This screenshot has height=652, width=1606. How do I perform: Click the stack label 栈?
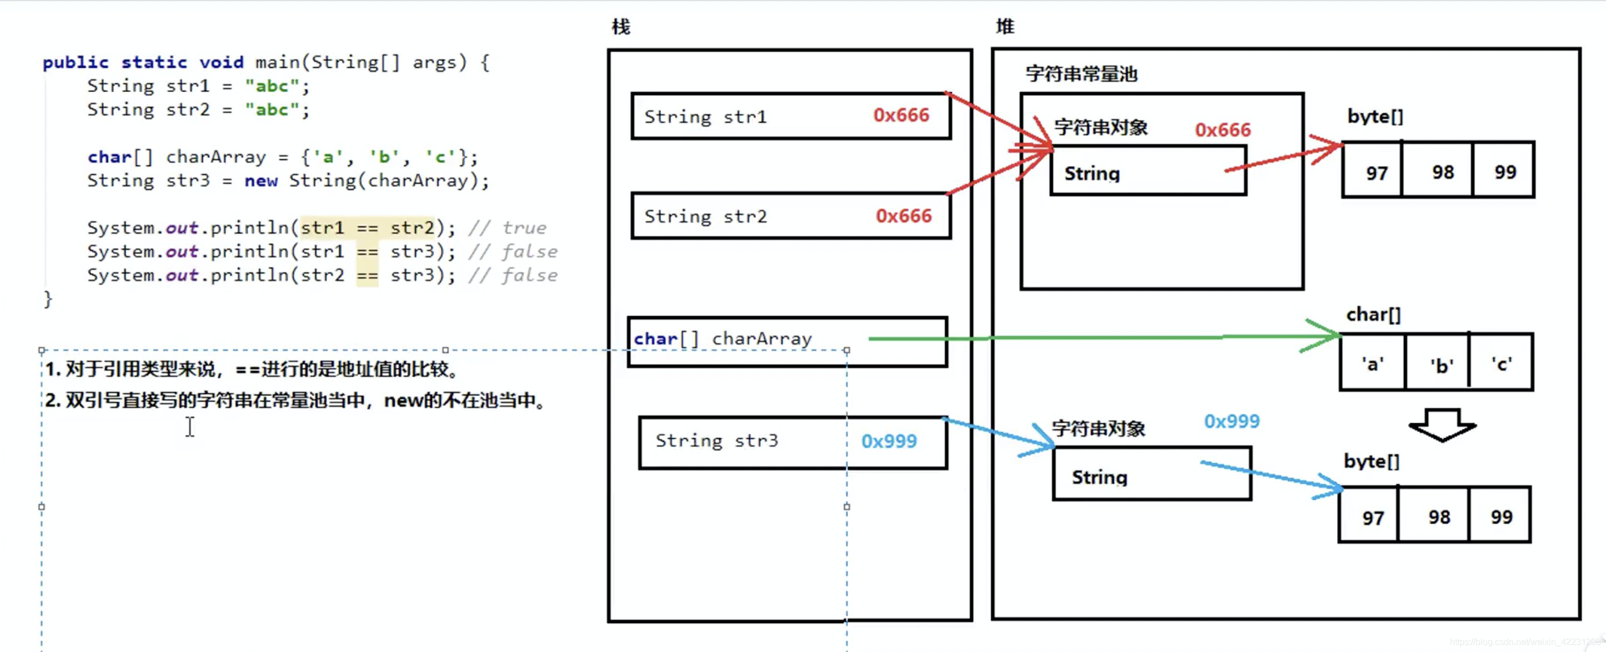pyautogui.click(x=620, y=27)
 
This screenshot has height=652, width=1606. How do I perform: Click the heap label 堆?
pyautogui.click(x=1005, y=27)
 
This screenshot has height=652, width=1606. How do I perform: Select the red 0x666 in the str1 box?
pyautogui.click(x=901, y=116)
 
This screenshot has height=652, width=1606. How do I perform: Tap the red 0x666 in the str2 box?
pyautogui.click(x=904, y=215)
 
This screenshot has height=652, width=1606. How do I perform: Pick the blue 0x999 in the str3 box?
pyautogui.click(x=889, y=442)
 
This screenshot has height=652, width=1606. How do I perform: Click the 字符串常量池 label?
pyautogui.click(x=1081, y=74)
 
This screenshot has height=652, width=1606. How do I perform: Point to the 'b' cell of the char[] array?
pyautogui.click(x=1441, y=365)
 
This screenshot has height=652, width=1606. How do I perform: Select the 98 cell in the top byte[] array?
pyautogui.click(x=1442, y=172)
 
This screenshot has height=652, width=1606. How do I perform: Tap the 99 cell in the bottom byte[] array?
pyautogui.click(x=1501, y=516)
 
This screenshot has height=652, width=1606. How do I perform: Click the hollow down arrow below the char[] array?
pyautogui.click(x=1442, y=425)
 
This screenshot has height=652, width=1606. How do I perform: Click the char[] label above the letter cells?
pyautogui.click(x=1373, y=315)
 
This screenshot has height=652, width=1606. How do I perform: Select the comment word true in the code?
pyautogui.click(x=524, y=228)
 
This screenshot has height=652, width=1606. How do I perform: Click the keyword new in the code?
pyautogui.click(x=260, y=180)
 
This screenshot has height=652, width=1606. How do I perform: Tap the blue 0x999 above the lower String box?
pyautogui.click(x=1231, y=422)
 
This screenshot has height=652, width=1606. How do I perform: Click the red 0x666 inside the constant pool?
pyautogui.click(x=1222, y=129)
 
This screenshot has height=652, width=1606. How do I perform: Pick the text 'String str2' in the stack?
pyautogui.click(x=705, y=216)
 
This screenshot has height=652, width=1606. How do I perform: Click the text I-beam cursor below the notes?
pyautogui.click(x=190, y=427)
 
